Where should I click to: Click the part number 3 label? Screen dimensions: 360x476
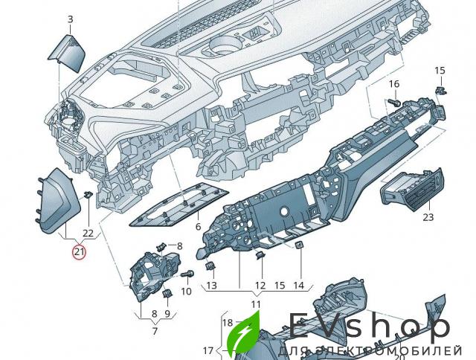[x=70, y=19]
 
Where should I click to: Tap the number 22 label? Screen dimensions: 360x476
[x=89, y=234]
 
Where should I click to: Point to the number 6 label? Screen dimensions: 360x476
[x=199, y=226]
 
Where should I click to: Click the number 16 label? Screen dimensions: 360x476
[x=394, y=83]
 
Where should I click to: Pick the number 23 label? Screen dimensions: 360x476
[x=428, y=217]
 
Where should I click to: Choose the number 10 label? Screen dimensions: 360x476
[x=186, y=291]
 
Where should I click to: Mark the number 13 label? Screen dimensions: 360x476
[x=211, y=286]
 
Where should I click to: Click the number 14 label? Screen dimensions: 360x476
[x=298, y=286]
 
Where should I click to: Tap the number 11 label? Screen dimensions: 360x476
[x=255, y=305]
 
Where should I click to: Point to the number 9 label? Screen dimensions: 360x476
[x=167, y=314]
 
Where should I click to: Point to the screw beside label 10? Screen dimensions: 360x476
[x=188, y=274]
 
